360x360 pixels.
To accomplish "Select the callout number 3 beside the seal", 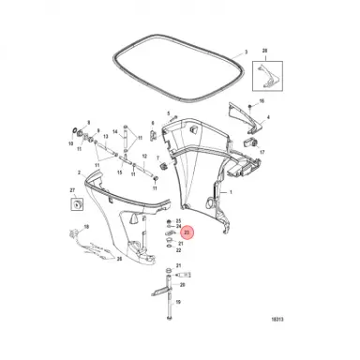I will [246, 53].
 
